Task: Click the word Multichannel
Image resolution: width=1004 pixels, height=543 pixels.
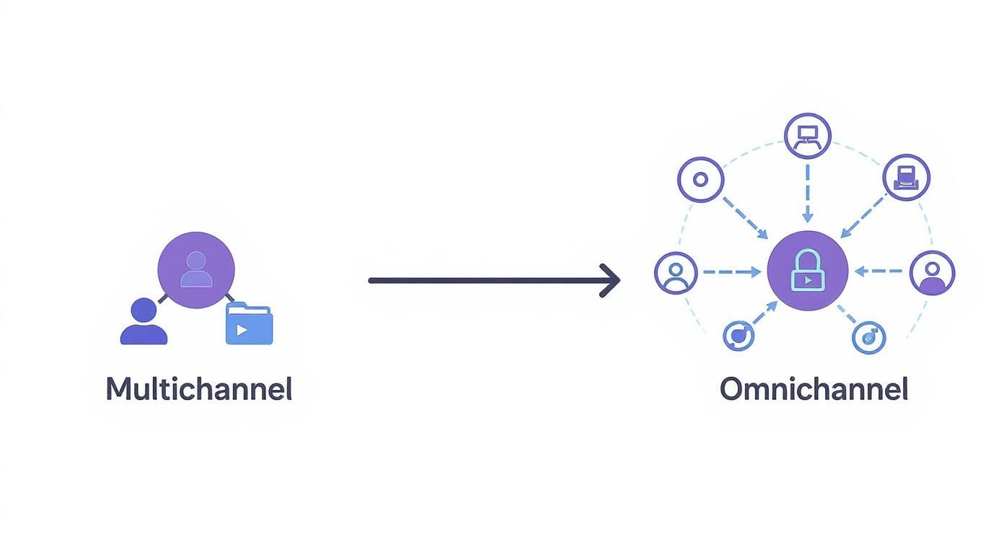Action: (199, 389)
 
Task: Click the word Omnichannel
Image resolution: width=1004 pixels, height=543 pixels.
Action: (814, 389)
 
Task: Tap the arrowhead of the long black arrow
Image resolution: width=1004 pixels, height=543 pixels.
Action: (612, 280)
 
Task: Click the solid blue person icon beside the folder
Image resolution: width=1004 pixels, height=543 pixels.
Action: (144, 322)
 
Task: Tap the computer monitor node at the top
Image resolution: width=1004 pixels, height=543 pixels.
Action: (807, 136)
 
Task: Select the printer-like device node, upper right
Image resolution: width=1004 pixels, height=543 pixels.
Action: (907, 177)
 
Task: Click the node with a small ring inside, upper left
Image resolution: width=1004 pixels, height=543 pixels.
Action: (700, 179)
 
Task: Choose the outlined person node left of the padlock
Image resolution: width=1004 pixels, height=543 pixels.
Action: (676, 272)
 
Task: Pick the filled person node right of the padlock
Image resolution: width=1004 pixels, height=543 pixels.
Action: (932, 273)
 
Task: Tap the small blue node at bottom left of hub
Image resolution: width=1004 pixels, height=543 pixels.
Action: (739, 335)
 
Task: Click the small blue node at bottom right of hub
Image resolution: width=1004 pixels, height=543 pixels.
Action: (868, 336)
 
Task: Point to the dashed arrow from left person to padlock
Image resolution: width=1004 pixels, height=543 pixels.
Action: (730, 272)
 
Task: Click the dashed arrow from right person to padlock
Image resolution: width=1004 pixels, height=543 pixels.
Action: (879, 271)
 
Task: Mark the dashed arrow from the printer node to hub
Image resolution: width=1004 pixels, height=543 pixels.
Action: (863, 215)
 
